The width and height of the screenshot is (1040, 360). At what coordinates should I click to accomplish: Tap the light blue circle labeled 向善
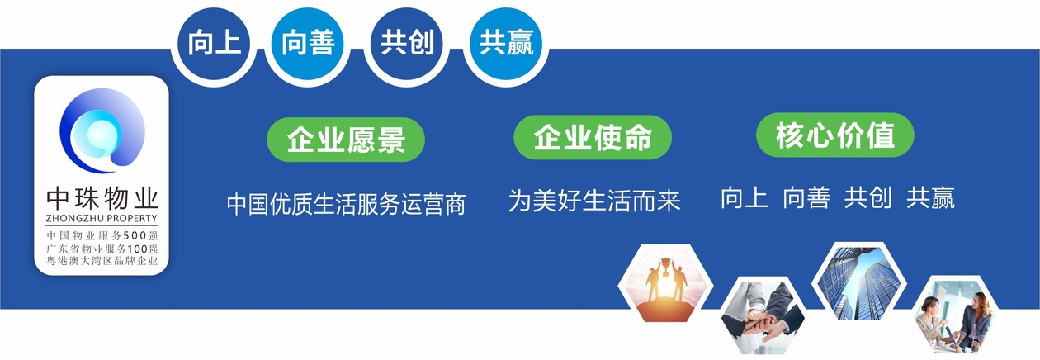click(307, 42)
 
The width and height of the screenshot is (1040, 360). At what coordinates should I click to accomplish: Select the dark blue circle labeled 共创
click(407, 42)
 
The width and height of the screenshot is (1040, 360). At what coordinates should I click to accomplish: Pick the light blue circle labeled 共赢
click(507, 42)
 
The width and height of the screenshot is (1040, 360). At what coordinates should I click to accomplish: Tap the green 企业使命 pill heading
click(593, 137)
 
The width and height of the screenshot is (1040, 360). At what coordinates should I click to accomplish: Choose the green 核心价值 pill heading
click(835, 135)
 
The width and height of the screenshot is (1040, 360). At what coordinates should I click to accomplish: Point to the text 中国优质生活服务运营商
click(346, 203)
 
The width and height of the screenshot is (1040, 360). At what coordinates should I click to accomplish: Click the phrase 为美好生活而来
click(594, 200)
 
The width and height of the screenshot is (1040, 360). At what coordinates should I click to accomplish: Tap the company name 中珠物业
click(102, 199)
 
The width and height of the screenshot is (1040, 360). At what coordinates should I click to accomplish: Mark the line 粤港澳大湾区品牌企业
click(102, 261)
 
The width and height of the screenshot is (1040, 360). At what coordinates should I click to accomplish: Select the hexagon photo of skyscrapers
click(855, 280)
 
